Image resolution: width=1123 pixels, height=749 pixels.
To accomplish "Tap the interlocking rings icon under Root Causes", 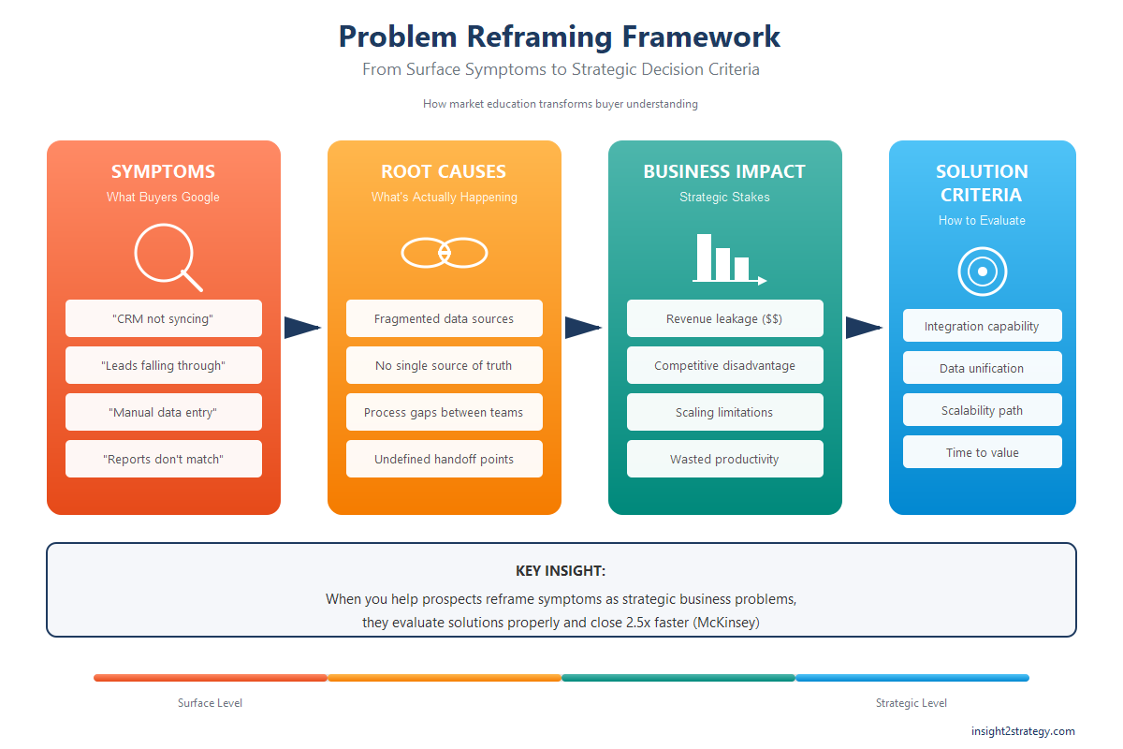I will click(445, 253).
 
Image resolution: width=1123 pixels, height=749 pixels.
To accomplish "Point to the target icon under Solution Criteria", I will click(982, 272).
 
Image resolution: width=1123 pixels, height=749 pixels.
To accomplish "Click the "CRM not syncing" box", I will click(164, 318).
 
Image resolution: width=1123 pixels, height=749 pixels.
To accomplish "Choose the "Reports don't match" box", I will click(164, 459).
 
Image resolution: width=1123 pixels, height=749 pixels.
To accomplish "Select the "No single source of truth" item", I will click(445, 365).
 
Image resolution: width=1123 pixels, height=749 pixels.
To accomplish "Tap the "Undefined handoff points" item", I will click(445, 459).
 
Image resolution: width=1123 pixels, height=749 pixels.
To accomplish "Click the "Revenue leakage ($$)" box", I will click(725, 318).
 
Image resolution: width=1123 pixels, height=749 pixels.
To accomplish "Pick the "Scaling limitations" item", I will click(725, 412).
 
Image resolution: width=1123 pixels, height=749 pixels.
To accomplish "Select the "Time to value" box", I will click(982, 452).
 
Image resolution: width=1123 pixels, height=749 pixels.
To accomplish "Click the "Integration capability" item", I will click(982, 326).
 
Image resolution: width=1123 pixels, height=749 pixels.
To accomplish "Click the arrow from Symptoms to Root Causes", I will click(301, 328).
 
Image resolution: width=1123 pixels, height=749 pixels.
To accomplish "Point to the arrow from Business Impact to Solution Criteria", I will click(863, 328).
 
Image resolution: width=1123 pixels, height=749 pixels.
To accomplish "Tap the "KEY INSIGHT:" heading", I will click(561, 571).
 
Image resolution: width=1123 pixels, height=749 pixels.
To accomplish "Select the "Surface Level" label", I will click(210, 703).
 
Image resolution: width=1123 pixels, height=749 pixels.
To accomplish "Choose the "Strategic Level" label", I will click(911, 703).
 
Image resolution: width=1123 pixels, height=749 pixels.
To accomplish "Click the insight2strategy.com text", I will click(1023, 731).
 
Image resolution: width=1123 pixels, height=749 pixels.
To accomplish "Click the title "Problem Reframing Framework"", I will click(560, 37).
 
